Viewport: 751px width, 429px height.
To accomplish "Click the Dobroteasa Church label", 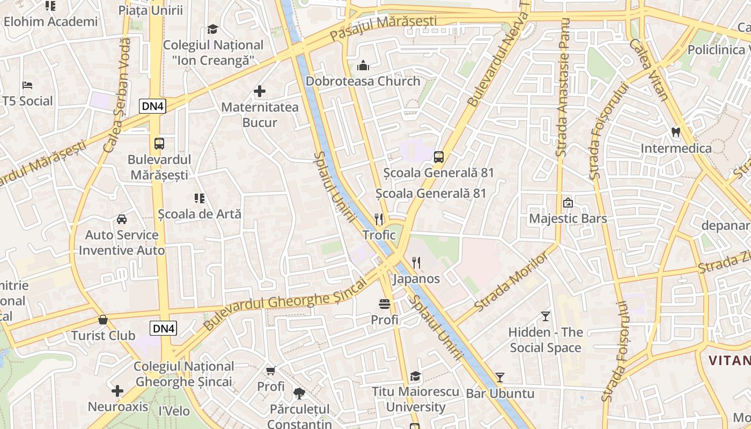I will pyautogui.click(x=363, y=81).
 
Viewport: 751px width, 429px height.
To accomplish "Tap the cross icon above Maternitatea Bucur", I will pyautogui.click(x=260, y=91).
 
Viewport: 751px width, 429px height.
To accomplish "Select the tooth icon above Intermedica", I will pyautogui.click(x=676, y=131).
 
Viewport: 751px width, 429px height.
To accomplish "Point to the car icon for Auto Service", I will pyautogui.click(x=122, y=219).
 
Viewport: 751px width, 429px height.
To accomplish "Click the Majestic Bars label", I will pyautogui.click(x=568, y=218).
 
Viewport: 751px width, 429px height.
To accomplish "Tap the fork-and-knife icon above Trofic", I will pyautogui.click(x=379, y=219).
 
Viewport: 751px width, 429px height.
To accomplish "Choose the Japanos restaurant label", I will pyautogui.click(x=416, y=279).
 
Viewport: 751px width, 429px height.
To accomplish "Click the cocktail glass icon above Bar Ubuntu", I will pyautogui.click(x=500, y=377).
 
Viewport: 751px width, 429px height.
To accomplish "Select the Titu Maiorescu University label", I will pyautogui.click(x=416, y=399).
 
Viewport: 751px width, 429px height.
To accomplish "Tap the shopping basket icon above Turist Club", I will pyautogui.click(x=103, y=320).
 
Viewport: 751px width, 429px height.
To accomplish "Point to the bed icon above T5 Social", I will pyautogui.click(x=27, y=85).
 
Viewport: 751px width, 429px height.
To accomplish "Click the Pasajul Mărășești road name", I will pyautogui.click(x=383, y=28).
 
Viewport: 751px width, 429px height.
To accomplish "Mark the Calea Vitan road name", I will pyautogui.click(x=649, y=70).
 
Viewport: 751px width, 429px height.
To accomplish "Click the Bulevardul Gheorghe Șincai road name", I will pyautogui.click(x=284, y=303).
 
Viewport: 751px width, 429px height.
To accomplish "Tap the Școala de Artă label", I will pyautogui.click(x=200, y=214).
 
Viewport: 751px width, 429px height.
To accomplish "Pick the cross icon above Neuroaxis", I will pyautogui.click(x=117, y=390).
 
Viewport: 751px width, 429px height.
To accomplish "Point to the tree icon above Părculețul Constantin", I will pyautogui.click(x=299, y=393).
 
